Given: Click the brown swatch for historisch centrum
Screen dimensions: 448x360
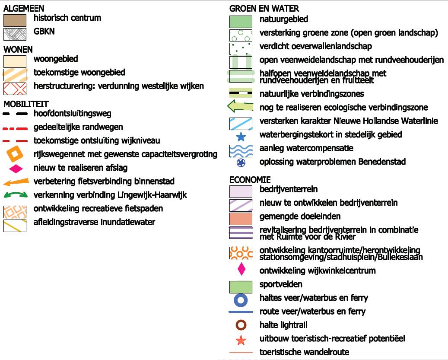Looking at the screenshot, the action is (15, 21).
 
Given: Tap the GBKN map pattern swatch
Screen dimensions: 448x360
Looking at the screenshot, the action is (15, 34).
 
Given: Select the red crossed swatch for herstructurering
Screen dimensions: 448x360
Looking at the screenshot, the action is (15, 89).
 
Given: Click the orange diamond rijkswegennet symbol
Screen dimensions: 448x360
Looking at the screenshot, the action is (15, 154).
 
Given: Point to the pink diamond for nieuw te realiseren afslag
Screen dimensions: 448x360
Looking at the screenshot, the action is (16, 169).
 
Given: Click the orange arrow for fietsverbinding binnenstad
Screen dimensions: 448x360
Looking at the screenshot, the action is (16, 182).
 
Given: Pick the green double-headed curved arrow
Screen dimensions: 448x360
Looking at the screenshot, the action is (16, 195).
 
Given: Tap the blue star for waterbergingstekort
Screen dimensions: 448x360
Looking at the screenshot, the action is (241, 137).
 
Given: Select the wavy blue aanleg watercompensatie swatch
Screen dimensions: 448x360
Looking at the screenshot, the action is (241, 151).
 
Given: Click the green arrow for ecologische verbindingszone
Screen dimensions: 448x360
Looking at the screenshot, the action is (240, 106).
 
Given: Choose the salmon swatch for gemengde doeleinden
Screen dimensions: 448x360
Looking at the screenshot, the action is (241, 219).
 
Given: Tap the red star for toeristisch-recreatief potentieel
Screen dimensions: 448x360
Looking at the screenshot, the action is (241, 340).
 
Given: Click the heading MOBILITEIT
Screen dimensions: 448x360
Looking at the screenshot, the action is (26, 104).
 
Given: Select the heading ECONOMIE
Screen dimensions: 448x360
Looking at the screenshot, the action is (250, 180).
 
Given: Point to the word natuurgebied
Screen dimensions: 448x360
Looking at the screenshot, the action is (284, 19).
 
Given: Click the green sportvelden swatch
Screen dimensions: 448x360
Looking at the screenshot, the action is (241, 287).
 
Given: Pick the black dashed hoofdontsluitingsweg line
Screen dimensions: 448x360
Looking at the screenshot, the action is (15, 114).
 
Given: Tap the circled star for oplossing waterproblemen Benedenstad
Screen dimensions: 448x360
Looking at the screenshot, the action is (241, 162).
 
